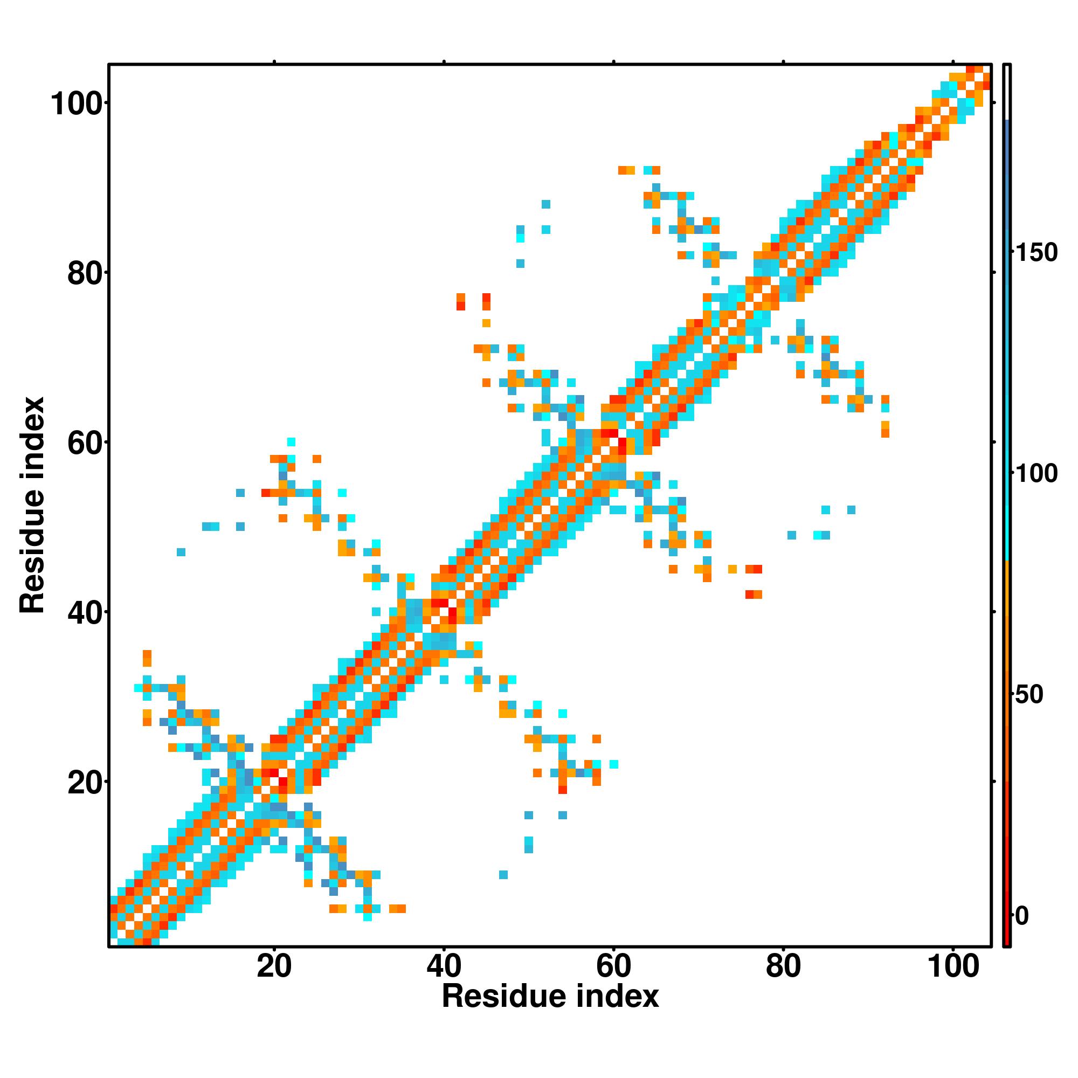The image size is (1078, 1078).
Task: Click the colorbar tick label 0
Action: click(1022, 916)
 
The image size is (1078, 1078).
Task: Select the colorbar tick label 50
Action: click(1029, 695)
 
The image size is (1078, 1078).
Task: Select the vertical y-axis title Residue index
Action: click(32, 505)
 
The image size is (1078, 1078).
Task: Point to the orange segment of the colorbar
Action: click(1007, 641)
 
